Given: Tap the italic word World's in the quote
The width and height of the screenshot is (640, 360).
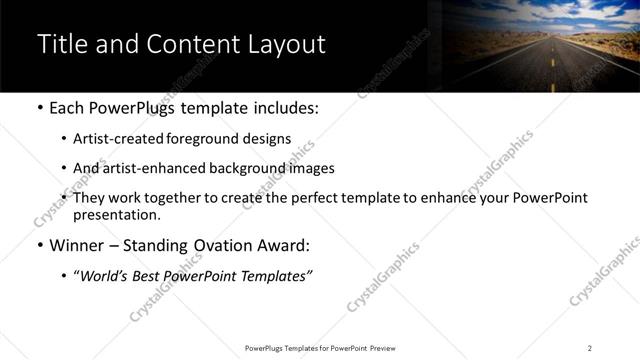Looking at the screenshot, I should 107,275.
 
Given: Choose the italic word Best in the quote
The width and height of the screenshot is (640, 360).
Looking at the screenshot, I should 151,275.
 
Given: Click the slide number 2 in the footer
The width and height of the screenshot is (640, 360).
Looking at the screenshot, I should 589,348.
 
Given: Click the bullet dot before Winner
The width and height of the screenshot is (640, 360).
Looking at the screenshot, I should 40,246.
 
